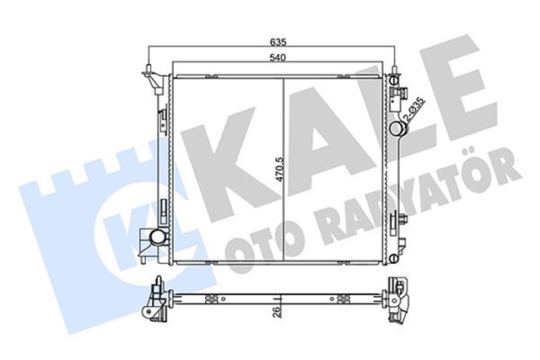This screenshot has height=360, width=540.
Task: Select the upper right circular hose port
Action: coord(399,129)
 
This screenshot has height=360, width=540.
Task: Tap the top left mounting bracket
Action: coord(154,81)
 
